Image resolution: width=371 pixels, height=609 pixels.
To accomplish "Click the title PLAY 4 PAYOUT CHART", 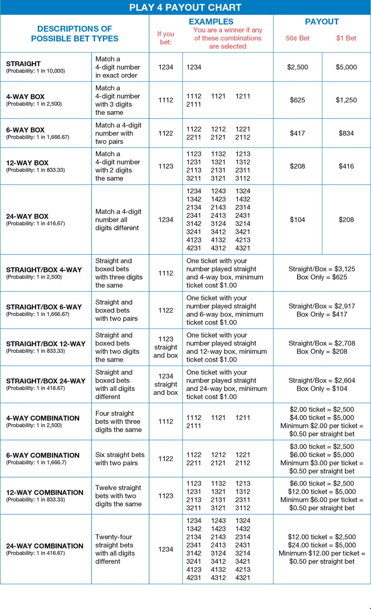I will pos(185,7).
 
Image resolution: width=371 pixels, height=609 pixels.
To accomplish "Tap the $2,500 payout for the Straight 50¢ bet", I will pos(297,67).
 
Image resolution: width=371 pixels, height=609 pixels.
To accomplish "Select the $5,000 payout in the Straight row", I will pos(346,67).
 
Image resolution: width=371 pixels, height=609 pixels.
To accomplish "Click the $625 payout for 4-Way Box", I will pos(297,100).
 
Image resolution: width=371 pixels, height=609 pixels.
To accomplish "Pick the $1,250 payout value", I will pos(346,100).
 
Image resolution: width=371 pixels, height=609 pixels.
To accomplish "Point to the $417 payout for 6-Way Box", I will pos(297,133).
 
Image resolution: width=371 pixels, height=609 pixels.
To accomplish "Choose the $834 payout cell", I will pos(346,133).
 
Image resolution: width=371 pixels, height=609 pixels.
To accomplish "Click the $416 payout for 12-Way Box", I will pos(346,166).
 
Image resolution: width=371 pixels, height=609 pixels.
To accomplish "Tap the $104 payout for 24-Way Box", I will pos(297,220).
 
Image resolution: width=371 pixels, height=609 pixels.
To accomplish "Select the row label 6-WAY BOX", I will pos(25,130).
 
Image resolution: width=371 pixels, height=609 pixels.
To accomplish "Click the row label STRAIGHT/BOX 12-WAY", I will pos(46,344).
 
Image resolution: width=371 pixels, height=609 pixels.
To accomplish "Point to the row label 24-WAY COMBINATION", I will pos(45,546).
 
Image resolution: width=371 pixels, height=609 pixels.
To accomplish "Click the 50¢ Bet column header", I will pos(297,38).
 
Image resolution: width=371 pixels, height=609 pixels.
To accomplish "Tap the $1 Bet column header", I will pos(346,38).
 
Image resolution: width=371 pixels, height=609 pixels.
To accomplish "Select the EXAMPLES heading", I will pos(211,22).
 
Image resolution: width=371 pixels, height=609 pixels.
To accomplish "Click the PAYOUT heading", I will pos(322,22).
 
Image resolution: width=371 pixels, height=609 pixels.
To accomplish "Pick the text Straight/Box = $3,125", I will pos(322,269).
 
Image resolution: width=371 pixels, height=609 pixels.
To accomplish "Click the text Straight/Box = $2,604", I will pos(322,380).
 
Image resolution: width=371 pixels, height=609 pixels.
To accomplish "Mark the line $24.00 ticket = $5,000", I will pos(322,545).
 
